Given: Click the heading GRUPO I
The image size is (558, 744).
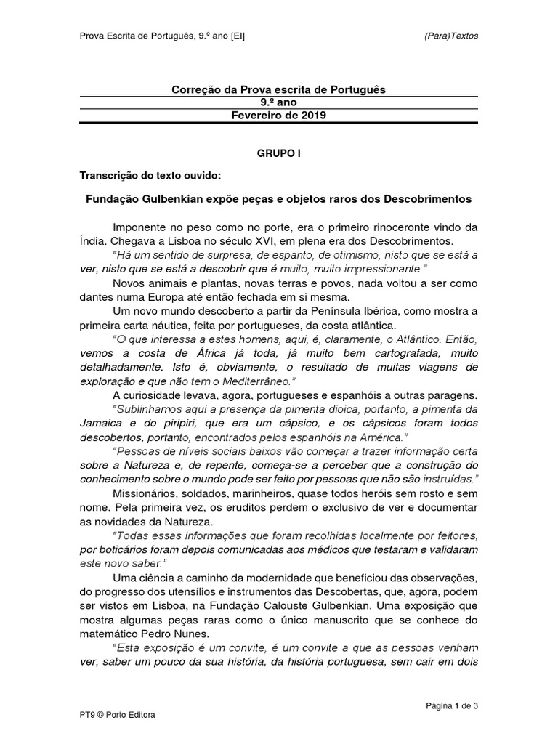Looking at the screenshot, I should click(x=278, y=154).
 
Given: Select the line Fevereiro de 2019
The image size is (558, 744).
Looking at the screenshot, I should click(x=278, y=116).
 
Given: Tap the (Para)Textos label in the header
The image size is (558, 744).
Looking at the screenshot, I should click(x=451, y=36).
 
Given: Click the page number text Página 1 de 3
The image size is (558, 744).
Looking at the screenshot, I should click(x=451, y=705).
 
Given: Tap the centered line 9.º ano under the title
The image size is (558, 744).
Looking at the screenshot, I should click(x=278, y=102).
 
